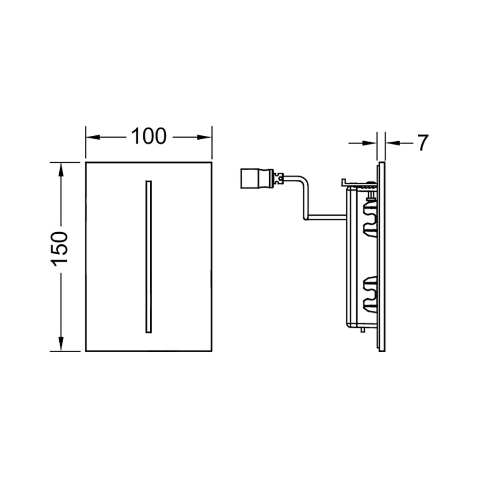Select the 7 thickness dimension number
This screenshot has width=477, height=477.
(423, 143)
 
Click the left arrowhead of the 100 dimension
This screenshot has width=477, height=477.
(93, 137)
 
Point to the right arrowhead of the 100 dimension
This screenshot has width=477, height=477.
(204, 137)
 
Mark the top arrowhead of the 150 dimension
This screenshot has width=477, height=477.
(61, 169)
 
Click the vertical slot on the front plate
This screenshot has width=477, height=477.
(148, 257)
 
